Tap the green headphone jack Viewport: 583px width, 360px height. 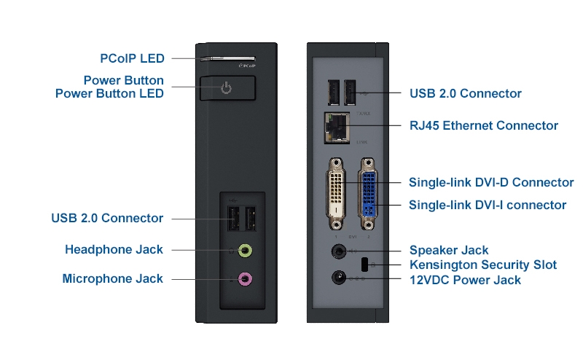246,251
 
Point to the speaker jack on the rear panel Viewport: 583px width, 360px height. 339,251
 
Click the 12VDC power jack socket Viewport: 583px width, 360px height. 339,278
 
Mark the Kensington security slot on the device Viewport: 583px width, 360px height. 364,264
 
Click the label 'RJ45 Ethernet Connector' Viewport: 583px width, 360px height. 484,125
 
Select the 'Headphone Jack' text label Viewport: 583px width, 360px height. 114,250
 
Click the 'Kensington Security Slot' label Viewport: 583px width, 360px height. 483,265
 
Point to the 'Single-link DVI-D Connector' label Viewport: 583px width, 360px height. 491,183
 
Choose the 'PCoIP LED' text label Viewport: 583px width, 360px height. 132,58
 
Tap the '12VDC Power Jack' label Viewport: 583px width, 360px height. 465,279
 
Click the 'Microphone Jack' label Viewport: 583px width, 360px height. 112,278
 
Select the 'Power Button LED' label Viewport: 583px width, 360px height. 109,93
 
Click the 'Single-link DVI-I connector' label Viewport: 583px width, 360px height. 488,205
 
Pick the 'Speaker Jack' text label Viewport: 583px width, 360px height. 449,250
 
